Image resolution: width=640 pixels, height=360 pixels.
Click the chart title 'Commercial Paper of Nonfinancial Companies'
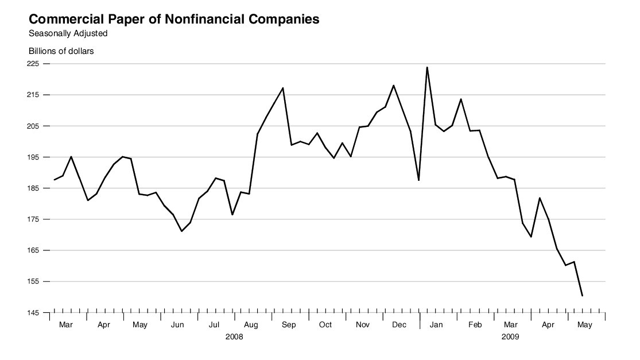point(174,19)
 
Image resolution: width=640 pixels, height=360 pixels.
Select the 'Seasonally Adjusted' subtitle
point(68,33)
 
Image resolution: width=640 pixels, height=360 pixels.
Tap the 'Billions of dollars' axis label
point(61,51)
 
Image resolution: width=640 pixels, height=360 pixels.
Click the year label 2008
point(234,337)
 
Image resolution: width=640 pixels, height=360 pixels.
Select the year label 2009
point(510,337)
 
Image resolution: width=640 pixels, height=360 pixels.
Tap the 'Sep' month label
point(289,325)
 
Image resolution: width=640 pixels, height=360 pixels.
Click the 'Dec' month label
point(399,325)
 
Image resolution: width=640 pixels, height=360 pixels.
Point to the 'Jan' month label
point(436,325)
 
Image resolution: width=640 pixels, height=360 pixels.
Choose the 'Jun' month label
point(177,325)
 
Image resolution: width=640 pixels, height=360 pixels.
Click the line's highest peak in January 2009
point(427,67)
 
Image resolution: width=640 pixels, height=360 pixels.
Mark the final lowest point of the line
point(583,296)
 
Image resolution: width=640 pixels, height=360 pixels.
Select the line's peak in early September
point(283,88)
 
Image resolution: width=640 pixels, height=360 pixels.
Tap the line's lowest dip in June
point(181,231)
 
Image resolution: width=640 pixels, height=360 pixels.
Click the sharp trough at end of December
point(419,180)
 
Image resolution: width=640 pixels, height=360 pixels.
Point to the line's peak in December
point(393,86)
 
